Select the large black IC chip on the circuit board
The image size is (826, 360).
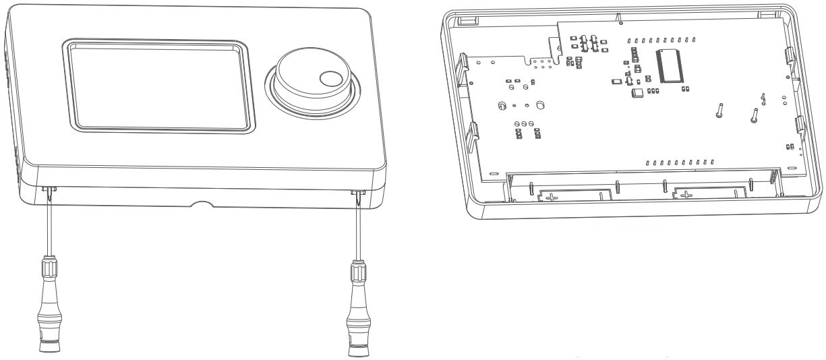tap(672, 65)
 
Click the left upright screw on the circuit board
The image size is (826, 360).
tap(720, 110)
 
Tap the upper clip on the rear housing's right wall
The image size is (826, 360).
tap(790, 57)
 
